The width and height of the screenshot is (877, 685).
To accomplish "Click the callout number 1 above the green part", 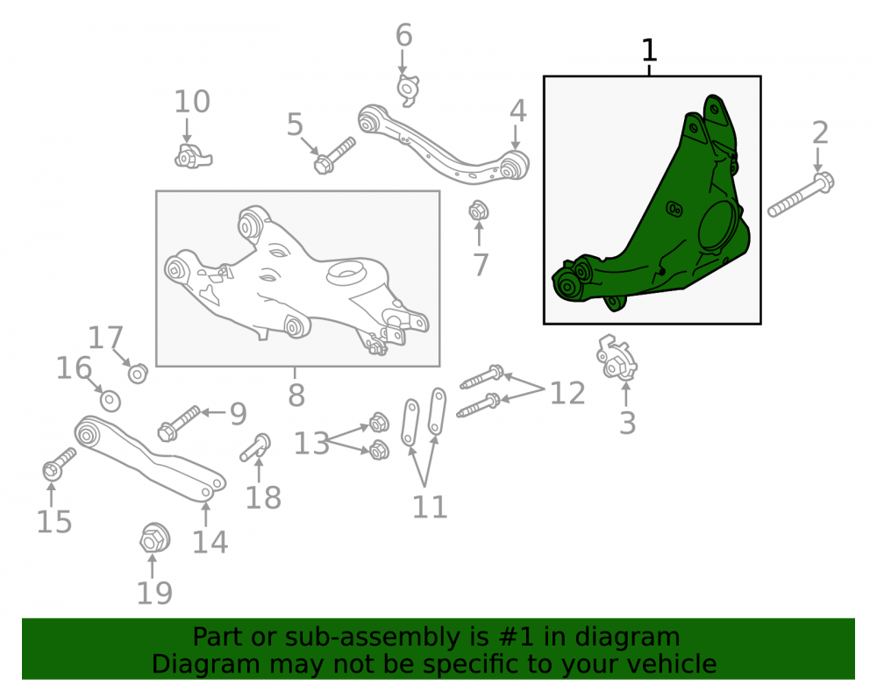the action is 649,50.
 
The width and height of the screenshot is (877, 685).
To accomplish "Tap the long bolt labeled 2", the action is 801,196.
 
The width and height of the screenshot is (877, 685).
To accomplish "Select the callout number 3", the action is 628,424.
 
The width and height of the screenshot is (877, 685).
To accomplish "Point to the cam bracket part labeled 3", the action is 617,357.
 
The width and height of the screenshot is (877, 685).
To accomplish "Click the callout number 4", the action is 518,111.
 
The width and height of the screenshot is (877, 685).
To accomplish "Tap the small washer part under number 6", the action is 409,89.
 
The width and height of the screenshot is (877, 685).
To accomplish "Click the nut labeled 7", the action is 479,211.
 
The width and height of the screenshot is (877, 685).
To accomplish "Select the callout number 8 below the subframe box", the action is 296,396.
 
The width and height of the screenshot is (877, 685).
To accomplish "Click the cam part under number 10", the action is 193,156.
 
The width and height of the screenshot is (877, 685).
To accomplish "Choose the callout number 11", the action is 430,507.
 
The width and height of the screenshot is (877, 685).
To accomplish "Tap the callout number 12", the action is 567,393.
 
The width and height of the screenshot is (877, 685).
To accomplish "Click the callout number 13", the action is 311,444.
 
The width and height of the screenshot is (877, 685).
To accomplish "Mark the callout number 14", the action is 210,542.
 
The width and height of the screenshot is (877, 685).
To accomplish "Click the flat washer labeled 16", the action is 111,401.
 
